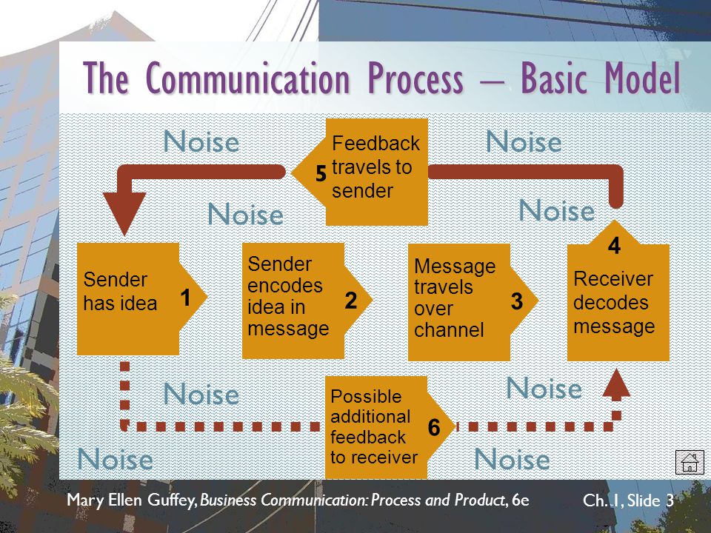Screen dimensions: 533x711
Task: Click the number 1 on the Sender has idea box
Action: [x=185, y=298]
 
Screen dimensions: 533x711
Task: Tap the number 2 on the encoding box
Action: [x=351, y=301]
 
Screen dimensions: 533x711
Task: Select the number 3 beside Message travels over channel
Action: [x=517, y=301]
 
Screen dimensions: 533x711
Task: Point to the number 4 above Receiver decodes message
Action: [x=614, y=247]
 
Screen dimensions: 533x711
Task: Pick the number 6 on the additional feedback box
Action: [x=434, y=428]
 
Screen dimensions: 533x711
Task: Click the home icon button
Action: [x=690, y=462]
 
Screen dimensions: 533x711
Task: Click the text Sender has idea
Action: [x=120, y=292]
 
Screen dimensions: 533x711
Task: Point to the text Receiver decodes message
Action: [x=614, y=303]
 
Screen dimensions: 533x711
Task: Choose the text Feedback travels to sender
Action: [x=375, y=167]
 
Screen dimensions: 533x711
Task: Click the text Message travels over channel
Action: [x=455, y=298]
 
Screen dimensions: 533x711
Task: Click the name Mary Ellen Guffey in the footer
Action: [x=131, y=500]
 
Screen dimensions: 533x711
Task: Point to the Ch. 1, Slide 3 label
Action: [x=628, y=501]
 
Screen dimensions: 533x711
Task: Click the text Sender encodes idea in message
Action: [x=289, y=296]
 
